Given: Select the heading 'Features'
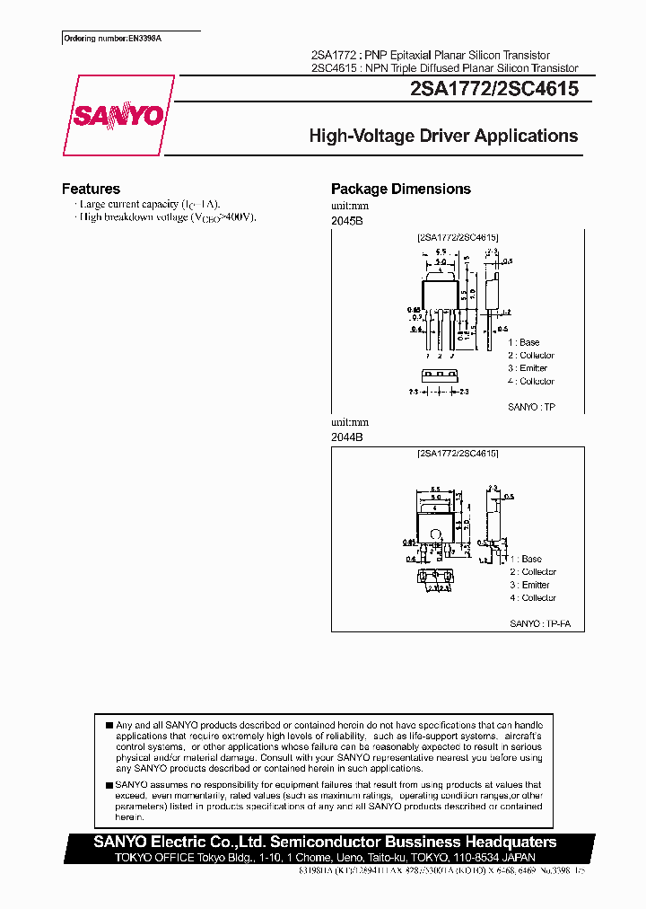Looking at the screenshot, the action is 91,189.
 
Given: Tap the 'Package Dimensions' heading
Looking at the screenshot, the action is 400,189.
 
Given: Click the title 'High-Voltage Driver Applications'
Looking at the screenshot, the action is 443,137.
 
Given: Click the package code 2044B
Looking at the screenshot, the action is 346,437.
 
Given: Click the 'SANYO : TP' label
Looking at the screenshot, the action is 532,407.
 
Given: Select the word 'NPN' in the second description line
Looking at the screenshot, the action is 384,68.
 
